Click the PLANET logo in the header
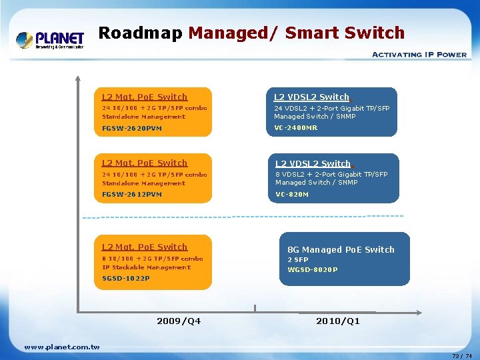[50, 41]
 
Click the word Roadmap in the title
[140, 33]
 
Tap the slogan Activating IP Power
[419, 55]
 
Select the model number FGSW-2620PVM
[132, 128]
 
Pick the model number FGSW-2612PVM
[132, 195]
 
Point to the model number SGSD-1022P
[126, 278]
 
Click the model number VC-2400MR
[296, 127]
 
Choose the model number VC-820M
[292, 195]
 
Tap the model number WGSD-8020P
[313, 270]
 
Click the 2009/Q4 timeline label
[179, 321]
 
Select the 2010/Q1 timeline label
[338, 321]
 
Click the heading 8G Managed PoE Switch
[341, 250]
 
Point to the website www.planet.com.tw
[61, 347]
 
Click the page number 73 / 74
[461, 356]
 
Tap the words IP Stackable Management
[146, 267]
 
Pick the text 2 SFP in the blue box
[298, 260]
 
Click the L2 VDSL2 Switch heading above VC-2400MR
[311, 97]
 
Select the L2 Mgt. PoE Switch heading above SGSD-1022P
[145, 247]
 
